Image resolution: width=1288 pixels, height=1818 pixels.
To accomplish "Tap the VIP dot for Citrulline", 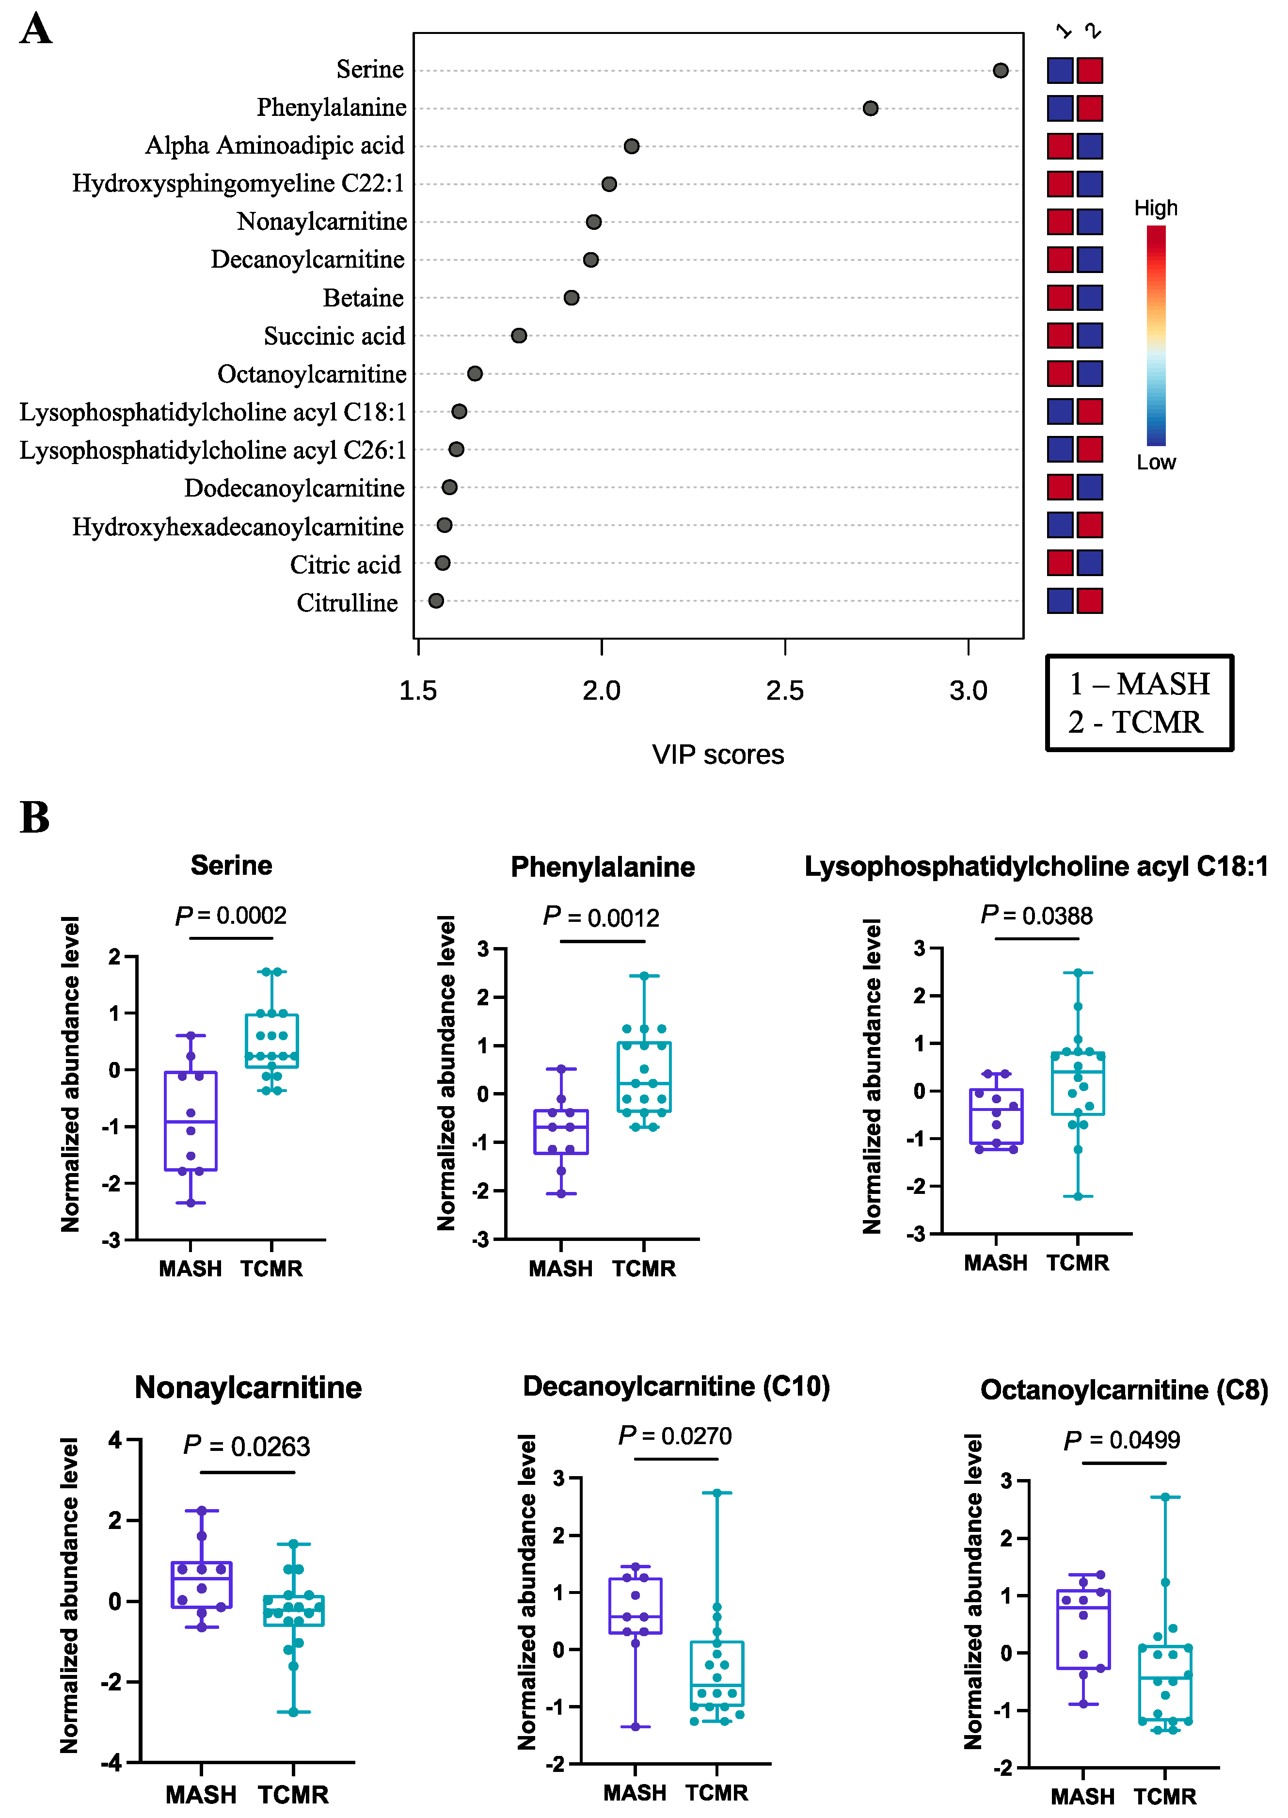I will pos(435,600).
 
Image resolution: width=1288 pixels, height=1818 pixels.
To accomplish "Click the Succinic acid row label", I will pos(334,337).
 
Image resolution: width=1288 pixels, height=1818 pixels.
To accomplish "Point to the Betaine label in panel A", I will pos(363,298).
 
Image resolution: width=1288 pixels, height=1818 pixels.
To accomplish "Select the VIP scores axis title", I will pos(718,755).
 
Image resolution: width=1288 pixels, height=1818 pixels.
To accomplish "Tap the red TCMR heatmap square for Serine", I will pos(1090,71).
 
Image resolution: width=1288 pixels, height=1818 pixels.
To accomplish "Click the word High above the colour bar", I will pos(1156,209).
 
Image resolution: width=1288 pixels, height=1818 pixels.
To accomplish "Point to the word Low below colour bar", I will pos(1156,463).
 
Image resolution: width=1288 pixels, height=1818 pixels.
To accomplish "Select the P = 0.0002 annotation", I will pos(231,916).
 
